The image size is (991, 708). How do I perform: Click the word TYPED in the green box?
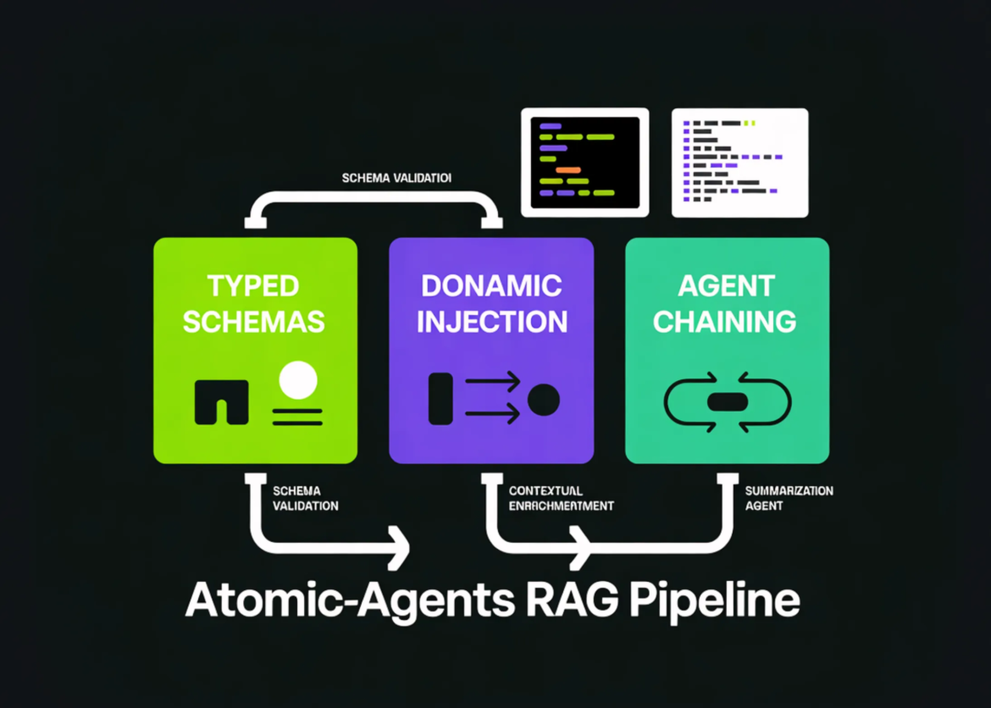pos(253,285)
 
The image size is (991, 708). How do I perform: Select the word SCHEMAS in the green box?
pos(253,322)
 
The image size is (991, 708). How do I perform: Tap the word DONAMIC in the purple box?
pos(491,285)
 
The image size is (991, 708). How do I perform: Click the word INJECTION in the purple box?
pos(491,322)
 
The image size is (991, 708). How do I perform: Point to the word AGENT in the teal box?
pos(726,285)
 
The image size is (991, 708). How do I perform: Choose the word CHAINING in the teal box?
pos(726,322)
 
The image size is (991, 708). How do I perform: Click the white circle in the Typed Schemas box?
pos(297,380)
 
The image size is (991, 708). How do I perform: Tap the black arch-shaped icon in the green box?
pos(221,401)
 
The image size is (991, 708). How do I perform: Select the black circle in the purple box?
pos(543,399)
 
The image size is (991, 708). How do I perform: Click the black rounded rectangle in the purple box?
pos(440,398)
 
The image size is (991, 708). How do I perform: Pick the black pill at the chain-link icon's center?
pos(727,401)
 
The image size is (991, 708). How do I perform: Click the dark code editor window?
pos(584,162)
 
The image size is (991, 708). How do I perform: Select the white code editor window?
pos(739,162)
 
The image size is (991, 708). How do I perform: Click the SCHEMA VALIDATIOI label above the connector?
pos(396,179)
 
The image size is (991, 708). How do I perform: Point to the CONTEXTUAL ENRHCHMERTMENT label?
pos(561,498)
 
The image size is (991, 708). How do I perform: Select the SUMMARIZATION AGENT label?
pos(789,498)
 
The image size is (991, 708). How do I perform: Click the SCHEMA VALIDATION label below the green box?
pos(305,498)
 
